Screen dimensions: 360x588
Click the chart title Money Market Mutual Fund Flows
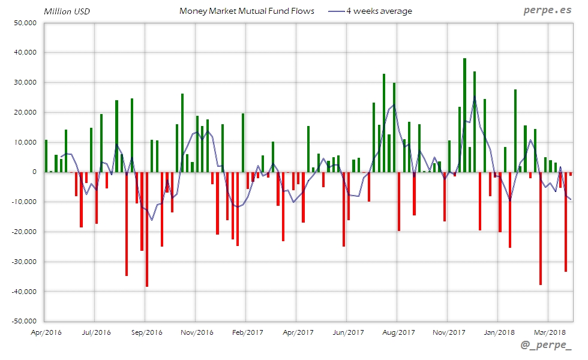[247, 11]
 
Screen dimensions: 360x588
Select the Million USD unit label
[67, 11]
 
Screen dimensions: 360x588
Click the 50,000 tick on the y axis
[25, 23]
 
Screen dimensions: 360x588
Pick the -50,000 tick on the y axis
[23, 321]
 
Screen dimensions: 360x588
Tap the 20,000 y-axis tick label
[25, 112]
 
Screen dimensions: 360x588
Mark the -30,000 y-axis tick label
[23, 262]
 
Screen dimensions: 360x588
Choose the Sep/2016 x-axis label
[146, 332]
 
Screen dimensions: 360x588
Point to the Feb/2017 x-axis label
[247, 332]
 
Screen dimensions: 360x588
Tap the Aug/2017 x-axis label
[398, 332]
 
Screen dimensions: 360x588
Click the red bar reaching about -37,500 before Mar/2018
[541, 228]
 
